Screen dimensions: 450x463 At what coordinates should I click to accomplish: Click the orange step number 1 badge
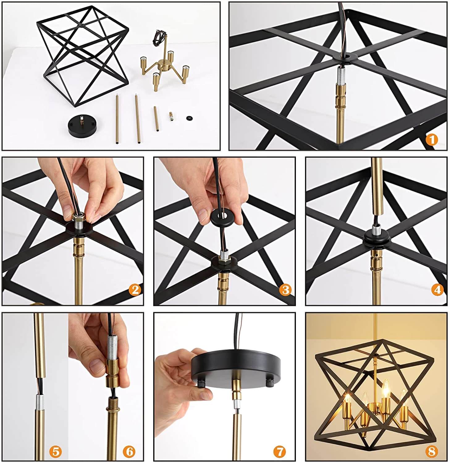tap(432, 140)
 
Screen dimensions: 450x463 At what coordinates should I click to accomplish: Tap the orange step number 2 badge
tap(135, 290)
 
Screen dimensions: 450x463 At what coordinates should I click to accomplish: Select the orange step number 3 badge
tap(285, 290)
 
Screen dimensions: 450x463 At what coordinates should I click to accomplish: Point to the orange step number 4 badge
tap(437, 290)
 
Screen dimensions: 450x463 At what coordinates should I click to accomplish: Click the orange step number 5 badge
tap(55, 452)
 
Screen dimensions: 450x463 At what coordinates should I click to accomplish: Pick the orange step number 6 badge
tap(129, 452)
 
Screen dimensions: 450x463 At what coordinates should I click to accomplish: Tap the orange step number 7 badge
tap(280, 452)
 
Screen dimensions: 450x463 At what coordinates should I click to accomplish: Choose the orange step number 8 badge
tap(432, 452)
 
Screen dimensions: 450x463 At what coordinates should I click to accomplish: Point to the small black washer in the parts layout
tap(189, 118)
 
